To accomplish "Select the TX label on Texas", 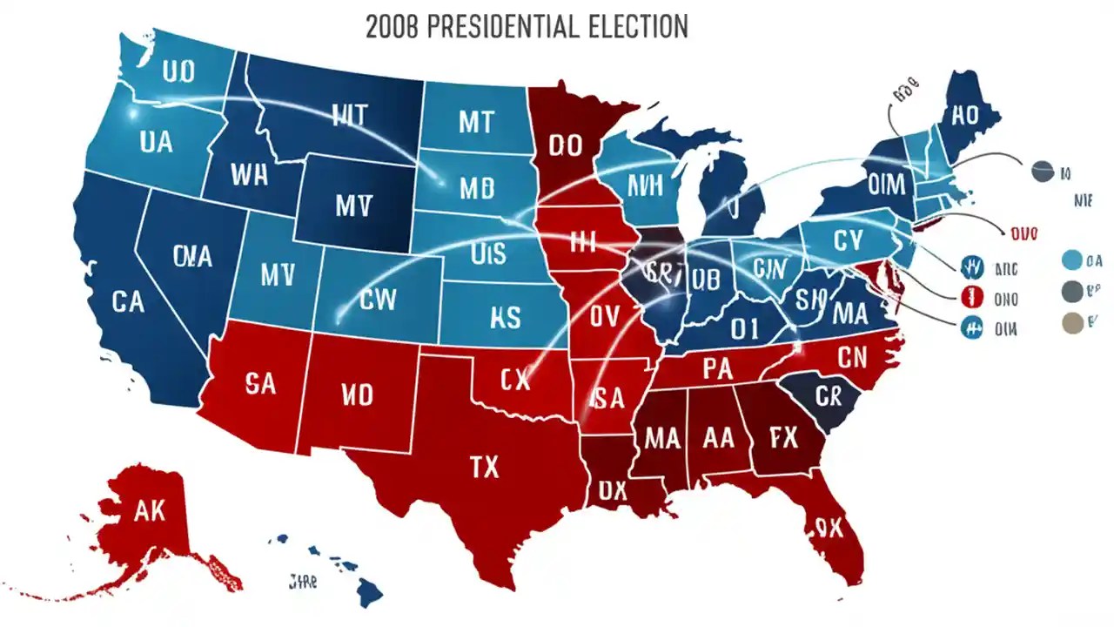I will [484, 468].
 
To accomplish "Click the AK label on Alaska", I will [150, 510].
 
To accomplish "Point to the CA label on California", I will [128, 302].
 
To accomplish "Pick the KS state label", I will [505, 317].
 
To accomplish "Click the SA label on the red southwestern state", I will [259, 384].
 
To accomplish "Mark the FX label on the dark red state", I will [783, 438].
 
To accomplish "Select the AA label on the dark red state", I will [719, 438].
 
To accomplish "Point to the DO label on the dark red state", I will [565, 145].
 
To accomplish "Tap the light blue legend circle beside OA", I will [1072, 260].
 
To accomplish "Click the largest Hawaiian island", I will [369, 594].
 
